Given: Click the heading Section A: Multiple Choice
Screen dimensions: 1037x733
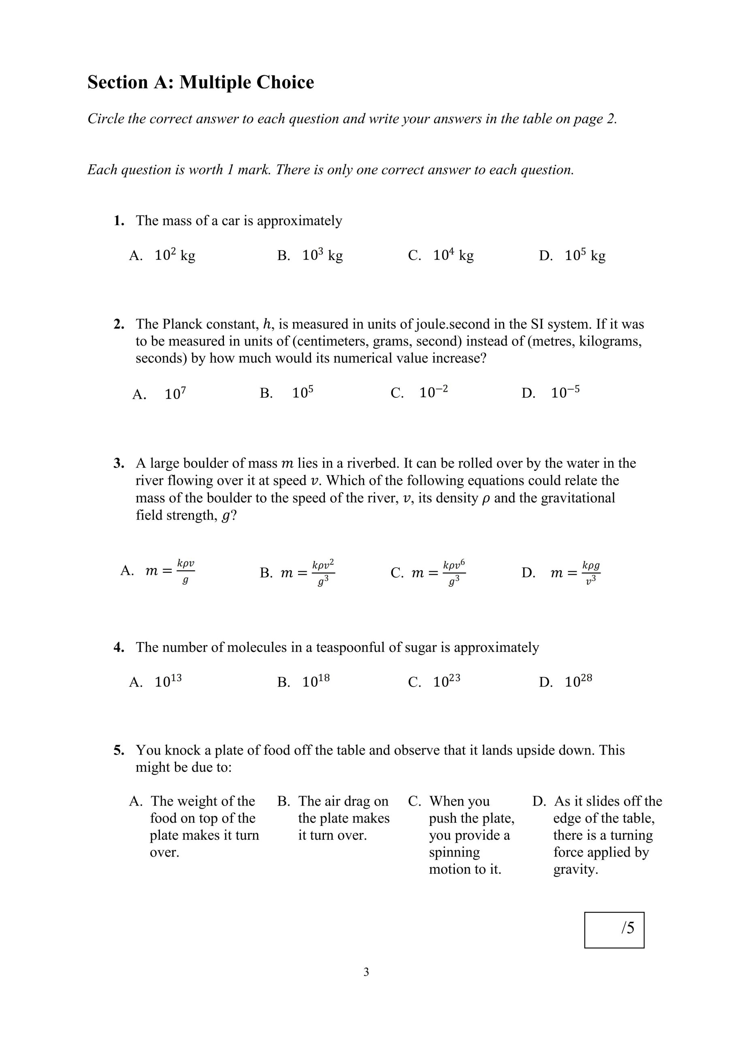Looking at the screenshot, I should click(200, 83).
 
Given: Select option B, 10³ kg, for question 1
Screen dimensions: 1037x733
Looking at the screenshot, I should click(322, 256).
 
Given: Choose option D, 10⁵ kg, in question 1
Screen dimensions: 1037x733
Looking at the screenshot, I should click(584, 256).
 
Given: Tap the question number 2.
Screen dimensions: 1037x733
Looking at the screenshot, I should click(119, 324).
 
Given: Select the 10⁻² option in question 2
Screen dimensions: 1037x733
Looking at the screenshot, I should click(433, 392).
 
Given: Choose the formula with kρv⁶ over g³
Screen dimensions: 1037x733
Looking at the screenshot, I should click(454, 573).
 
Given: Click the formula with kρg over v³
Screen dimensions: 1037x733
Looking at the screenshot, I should click(590, 573).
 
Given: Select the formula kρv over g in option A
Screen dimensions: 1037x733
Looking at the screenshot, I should click(185, 571).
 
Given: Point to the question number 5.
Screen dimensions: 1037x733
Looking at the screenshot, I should click(119, 750).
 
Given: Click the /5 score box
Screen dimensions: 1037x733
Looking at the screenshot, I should click(614, 930).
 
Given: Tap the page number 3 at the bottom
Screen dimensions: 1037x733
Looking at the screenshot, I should click(366, 971).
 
